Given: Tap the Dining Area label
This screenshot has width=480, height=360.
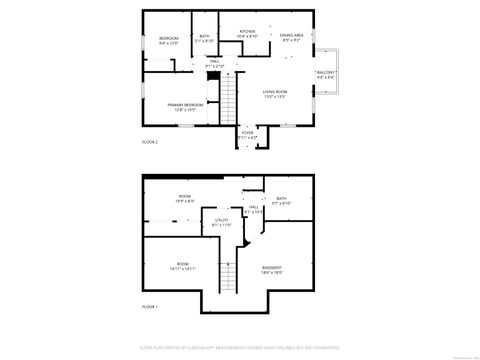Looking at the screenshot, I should pos(292,37).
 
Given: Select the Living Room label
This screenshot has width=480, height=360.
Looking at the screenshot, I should pos(276,94).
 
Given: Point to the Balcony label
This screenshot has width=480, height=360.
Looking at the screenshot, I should pos(327,75).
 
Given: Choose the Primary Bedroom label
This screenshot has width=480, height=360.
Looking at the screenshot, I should pos(186,105).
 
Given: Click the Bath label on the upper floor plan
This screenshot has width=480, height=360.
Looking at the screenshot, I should pos(204,39).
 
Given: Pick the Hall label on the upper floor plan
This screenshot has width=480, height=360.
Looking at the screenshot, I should pos(214,63).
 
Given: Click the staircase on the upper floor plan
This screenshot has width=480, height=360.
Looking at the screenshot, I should pos(227,100).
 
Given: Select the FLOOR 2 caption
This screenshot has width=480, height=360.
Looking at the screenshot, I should pos(149,143).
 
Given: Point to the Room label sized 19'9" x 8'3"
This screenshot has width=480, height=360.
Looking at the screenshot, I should pos(185,198).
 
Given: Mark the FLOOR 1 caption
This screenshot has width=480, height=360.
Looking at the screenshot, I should pos(149,305).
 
